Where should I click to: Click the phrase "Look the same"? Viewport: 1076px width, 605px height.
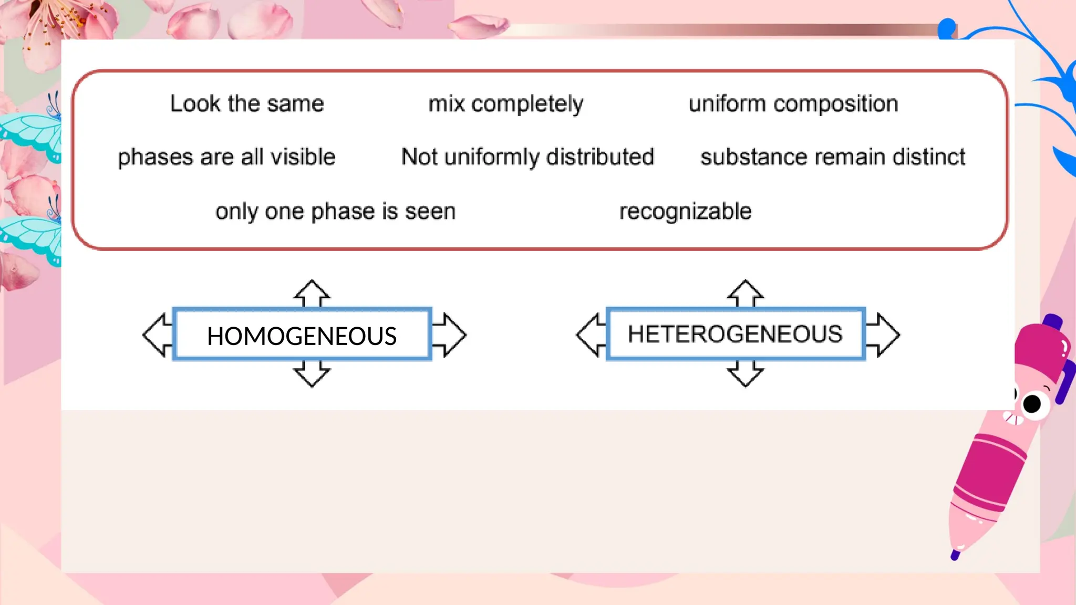247,103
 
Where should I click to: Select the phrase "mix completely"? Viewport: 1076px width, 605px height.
505,104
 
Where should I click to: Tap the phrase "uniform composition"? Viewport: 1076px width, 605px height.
793,104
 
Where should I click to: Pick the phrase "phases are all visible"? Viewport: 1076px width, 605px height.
226,157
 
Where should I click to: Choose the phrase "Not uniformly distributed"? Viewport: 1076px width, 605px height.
527,157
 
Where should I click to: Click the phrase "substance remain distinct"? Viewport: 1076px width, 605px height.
833,157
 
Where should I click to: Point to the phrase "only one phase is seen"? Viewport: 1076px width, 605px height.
335,211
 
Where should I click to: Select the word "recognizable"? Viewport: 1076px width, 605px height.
685,211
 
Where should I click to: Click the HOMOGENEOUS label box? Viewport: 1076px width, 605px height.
302,335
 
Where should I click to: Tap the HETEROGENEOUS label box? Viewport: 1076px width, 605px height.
735,334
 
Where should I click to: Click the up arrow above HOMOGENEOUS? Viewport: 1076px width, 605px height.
312,293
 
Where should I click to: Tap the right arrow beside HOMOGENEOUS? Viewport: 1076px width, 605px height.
450,335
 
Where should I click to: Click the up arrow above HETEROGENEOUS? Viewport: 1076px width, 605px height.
746,293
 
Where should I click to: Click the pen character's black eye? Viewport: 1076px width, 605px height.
1032,404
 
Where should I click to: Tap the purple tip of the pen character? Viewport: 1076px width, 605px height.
955,555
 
